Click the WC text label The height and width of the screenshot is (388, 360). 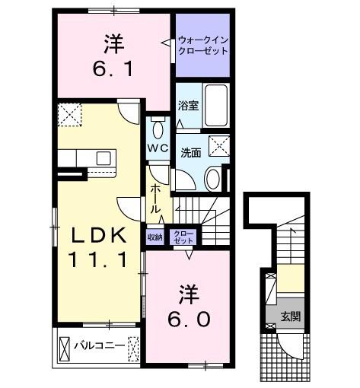pyautogui.click(x=158, y=146)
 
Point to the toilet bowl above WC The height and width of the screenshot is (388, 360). pyautogui.click(x=158, y=127)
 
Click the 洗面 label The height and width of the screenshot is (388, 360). pyautogui.click(x=191, y=151)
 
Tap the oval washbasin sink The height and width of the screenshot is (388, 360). pyautogui.click(x=212, y=179)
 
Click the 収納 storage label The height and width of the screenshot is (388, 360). pyautogui.click(x=155, y=237)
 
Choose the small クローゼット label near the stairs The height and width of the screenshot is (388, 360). pyautogui.click(x=182, y=237)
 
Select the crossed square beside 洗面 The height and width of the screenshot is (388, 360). pyautogui.click(x=221, y=145)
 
